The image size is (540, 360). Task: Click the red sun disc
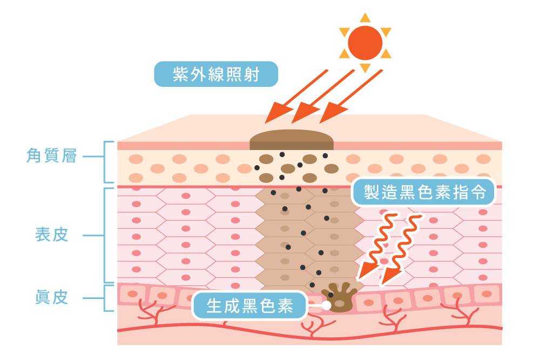[x=365, y=43]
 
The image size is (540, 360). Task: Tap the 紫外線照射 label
[x=216, y=74]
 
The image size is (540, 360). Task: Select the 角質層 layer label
[x=52, y=156]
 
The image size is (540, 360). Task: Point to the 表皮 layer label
[x=52, y=235]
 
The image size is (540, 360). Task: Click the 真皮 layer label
[x=52, y=297]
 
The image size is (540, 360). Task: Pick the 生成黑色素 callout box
[x=249, y=305]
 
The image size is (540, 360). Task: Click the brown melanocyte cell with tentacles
[x=339, y=297]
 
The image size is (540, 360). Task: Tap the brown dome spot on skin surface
[x=292, y=140]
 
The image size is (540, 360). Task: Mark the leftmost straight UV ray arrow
[x=296, y=97]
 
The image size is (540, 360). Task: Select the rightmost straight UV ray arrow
[x=351, y=97]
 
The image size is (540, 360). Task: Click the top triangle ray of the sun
[x=365, y=18]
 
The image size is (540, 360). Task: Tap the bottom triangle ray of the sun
[x=365, y=68]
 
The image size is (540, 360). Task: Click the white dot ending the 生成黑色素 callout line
[x=326, y=305]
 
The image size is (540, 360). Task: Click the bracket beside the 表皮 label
[x=104, y=235]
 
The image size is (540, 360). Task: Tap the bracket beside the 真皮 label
[x=104, y=298]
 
